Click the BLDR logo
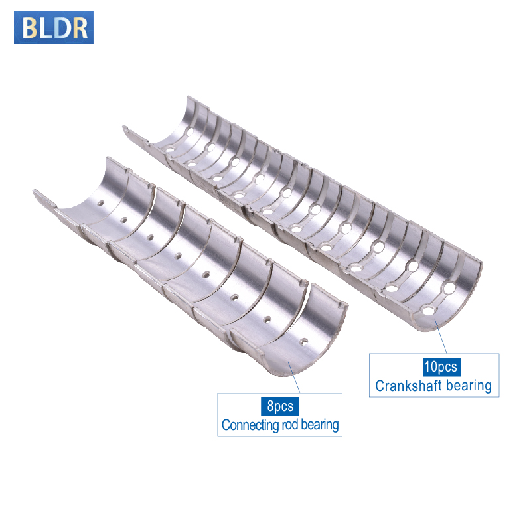coord(54,27)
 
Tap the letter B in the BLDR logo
coord(29,28)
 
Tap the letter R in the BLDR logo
coord(80,28)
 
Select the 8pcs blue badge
coord(279,406)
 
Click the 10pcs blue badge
coord(441,367)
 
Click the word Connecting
coord(250,425)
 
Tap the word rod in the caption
coord(289,425)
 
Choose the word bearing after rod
coord(320,425)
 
